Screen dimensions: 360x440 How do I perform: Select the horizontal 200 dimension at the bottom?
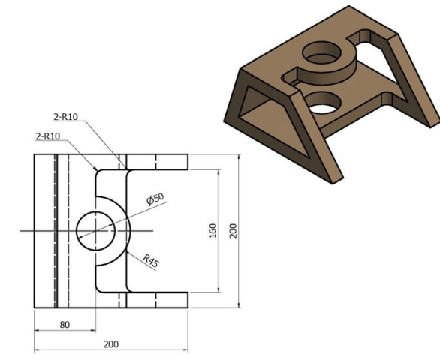[110, 343]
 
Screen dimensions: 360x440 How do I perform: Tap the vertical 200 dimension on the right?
[233, 230]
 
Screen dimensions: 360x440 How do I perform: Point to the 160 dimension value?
[212, 230]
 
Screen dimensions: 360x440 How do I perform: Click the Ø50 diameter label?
[155, 199]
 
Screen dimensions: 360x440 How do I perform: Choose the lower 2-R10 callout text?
[50, 136]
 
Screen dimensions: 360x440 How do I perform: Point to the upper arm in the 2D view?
[157, 162]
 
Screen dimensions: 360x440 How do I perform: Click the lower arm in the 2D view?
[157, 299]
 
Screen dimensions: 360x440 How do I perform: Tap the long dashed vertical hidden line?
[68, 230]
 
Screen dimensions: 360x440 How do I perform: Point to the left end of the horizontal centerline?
[23, 230]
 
